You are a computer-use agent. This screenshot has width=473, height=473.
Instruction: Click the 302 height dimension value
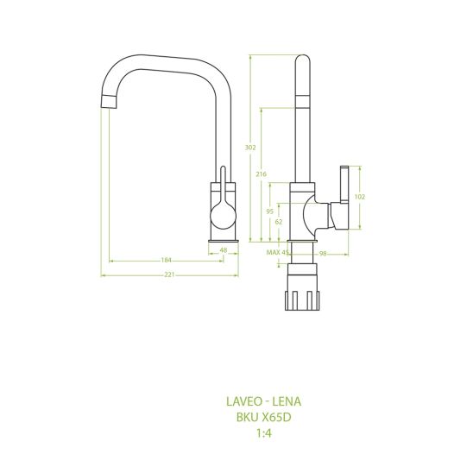click(x=250, y=148)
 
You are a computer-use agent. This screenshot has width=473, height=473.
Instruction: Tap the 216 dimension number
click(x=262, y=174)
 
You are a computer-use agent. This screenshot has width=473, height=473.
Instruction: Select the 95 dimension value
click(x=270, y=211)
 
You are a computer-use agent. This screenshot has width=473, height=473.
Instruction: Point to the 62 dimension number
click(x=279, y=222)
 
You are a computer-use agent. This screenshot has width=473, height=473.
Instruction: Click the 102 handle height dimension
click(x=360, y=197)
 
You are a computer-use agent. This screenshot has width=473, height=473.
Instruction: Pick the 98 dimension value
click(x=323, y=254)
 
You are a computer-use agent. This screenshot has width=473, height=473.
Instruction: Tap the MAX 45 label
click(x=278, y=252)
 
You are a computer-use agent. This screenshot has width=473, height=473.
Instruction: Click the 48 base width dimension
click(x=224, y=250)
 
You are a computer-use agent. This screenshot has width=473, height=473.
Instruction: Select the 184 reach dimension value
click(x=167, y=260)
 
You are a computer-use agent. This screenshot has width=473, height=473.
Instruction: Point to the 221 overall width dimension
click(x=169, y=274)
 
